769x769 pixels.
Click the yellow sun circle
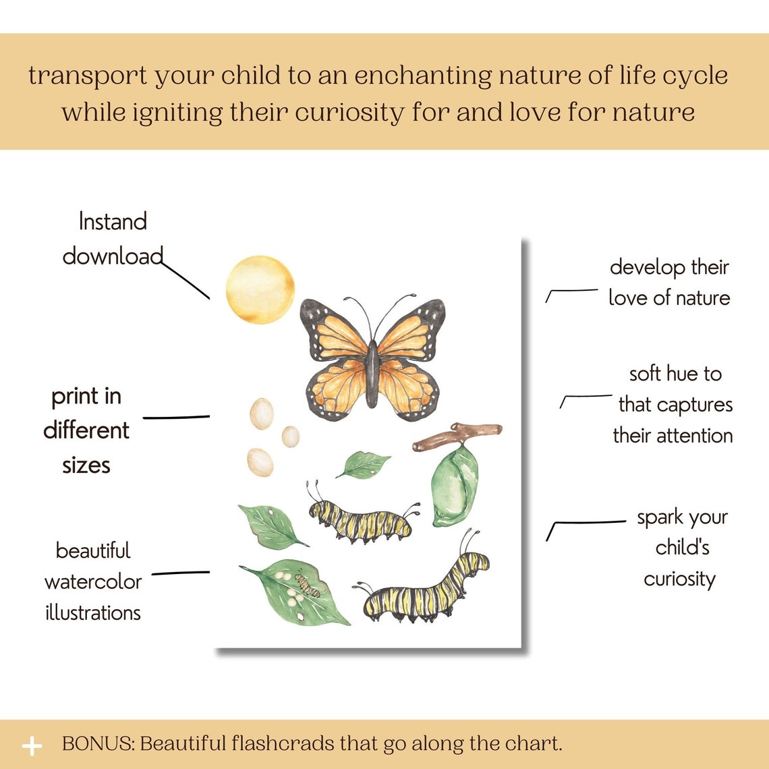click(x=260, y=289)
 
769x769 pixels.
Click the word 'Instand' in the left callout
click(x=113, y=222)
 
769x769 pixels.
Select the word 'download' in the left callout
click(x=113, y=256)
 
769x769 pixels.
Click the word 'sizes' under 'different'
click(x=86, y=465)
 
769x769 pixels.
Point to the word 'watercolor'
click(x=93, y=581)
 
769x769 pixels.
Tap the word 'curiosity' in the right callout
click(x=679, y=579)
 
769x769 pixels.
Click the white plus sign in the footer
click(x=32, y=745)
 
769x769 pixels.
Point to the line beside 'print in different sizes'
click(x=176, y=418)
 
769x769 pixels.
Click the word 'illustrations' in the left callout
click(x=93, y=613)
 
